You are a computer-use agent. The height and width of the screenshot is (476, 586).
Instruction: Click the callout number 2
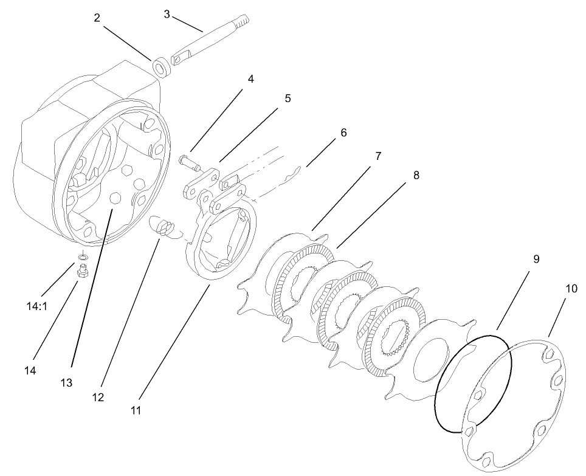pos(97,18)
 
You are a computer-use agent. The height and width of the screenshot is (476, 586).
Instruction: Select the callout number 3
pos(167,13)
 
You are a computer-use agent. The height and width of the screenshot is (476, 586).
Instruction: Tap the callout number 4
pos(250,79)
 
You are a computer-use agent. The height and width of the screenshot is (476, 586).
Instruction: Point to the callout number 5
pos(288,97)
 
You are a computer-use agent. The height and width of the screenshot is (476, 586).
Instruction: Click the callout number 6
pos(343,132)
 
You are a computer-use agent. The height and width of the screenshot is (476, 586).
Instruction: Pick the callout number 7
pos(377,156)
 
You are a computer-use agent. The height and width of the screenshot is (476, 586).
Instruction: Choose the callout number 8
pos(416,175)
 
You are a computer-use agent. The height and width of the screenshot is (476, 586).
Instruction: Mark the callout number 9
pos(536,258)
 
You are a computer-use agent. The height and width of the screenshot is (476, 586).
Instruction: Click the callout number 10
pos(571,288)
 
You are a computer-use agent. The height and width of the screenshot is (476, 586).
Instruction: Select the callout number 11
pos(136,410)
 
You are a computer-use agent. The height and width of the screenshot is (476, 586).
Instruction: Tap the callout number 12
pos(98,397)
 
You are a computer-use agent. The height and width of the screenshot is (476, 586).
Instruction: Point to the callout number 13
pos(66,382)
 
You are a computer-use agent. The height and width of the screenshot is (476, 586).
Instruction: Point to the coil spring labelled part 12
pos(164,228)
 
